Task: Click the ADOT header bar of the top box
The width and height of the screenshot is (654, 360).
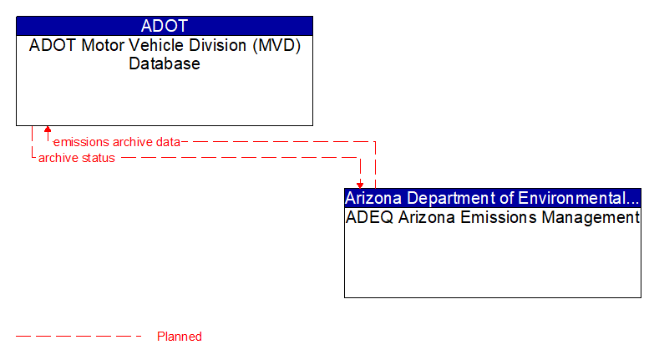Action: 165,25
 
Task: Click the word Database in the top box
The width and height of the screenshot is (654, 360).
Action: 165,63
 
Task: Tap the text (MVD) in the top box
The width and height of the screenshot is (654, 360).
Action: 276,45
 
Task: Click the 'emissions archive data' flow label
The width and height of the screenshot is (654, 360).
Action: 117,142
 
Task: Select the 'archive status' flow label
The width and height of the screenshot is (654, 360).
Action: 77,158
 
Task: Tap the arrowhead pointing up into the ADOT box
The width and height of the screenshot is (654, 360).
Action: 48,130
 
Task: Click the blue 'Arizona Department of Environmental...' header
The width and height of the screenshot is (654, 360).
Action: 493,198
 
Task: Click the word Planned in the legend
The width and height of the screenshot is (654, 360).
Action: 180,337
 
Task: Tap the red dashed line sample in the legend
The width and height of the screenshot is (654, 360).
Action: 79,337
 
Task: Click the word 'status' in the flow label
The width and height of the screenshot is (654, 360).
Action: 98,158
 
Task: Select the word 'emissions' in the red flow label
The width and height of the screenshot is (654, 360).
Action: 80,142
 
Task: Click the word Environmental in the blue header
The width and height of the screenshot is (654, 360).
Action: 586,198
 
